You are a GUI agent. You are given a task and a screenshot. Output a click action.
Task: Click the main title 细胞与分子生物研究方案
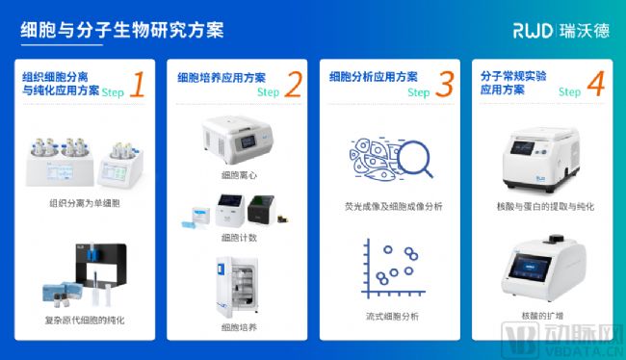pyautogui.click(x=122, y=30)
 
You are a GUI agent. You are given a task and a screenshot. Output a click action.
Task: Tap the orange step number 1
pyautogui.click(x=138, y=84)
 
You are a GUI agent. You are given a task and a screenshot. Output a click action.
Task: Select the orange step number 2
pyautogui.click(x=294, y=84)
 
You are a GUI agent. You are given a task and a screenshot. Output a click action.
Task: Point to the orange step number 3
pyautogui.click(x=445, y=84)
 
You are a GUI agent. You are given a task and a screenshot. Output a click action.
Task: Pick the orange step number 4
pyautogui.click(x=596, y=84)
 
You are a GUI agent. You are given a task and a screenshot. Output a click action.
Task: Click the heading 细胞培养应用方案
pyautogui.click(x=222, y=77)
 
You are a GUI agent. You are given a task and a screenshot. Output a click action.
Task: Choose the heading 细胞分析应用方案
pyautogui.click(x=374, y=77)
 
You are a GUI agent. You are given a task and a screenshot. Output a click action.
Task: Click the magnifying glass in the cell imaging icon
pyautogui.click(x=415, y=159)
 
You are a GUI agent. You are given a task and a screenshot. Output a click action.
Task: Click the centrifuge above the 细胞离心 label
pyautogui.click(x=238, y=140)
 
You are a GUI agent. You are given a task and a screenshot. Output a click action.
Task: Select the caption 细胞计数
pyautogui.click(x=239, y=238)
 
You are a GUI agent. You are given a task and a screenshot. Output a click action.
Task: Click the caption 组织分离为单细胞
pyautogui.click(x=85, y=203)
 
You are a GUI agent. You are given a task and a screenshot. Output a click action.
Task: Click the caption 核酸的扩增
pyautogui.click(x=542, y=316)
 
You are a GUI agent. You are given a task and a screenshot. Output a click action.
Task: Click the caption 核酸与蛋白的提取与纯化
pyautogui.click(x=545, y=206)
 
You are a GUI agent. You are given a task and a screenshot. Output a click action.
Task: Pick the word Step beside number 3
pyautogui.click(x=418, y=92)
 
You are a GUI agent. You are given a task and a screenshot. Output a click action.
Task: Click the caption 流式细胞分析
pyautogui.click(x=392, y=317)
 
